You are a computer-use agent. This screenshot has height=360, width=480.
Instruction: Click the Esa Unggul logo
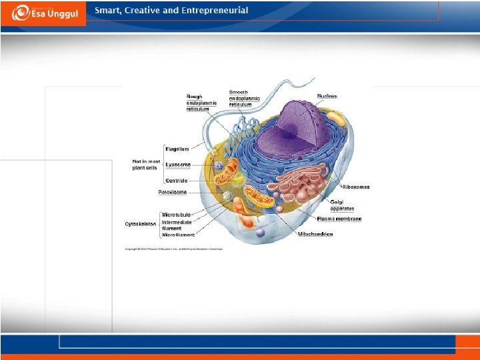pyautogui.click(x=43, y=13)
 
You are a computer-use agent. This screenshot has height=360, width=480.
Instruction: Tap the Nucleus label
pyautogui.click(x=327, y=96)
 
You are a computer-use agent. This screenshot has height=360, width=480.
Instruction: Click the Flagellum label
pyautogui.click(x=177, y=149)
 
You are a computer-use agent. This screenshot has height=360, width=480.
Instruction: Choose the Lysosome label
pyautogui.click(x=178, y=165)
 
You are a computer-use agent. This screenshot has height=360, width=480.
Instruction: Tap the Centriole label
pyautogui.click(x=177, y=181)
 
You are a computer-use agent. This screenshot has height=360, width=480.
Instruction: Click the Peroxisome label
pyautogui.click(x=173, y=192)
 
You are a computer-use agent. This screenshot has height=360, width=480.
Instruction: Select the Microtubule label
pyautogui.click(x=177, y=215)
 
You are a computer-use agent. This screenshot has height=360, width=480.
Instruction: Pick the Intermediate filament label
pyautogui.click(x=177, y=225)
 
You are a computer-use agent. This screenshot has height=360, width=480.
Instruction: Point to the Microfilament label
pyautogui.click(x=179, y=235)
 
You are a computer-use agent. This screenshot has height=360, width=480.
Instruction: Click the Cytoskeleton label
pyautogui.click(x=141, y=223)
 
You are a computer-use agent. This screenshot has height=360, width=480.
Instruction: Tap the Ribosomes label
pyautogui.click(x=356, y=187)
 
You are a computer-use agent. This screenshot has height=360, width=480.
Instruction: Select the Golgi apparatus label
pyautogui.click(x=343, y=205)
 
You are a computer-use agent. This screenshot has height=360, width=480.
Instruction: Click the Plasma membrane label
pyautogui.click(x=339, y=219)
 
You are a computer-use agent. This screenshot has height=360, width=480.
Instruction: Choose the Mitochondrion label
pyautogui.click(x=315, y=234)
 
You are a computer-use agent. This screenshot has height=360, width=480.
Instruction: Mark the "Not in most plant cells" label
pyautogui.click(x=146, y=165)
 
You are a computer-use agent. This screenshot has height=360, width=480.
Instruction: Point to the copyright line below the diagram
pyautogui.click(x=174, y=249)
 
